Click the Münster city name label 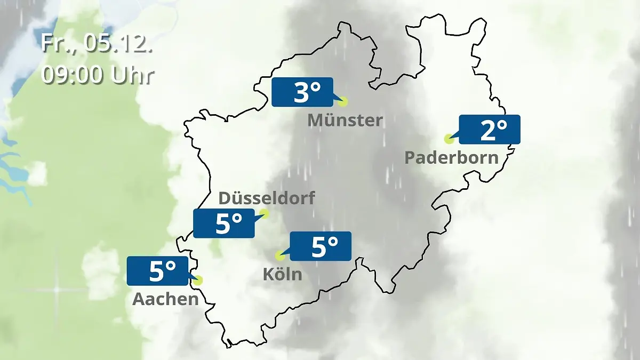pyautogui.click(x=345, y=121)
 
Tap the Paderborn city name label pyautogui.click(x=452, y=158)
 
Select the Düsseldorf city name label pyautogui.click(x=267, y=198)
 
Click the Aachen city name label pyautogui.click(x=165, y=299)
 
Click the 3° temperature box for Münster pyautogui.click(x=302, y=92)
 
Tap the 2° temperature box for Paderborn pyautogui.click(x=489, y=130)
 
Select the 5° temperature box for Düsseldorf pyautogui.click(x=224, y=223)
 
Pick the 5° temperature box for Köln pyautogui.click(x=320, y=246)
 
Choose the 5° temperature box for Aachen pyautogui.click(x=158, y=271)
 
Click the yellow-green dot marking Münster pyautogui.click(x=342, y=101)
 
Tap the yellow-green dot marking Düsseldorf pyautogui.click(x=263, y=214)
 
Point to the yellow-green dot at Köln pyautogui.click(x=279, y=255)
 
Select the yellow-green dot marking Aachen pyautogui.click(x=198, y=280)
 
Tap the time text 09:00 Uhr pyautogui.click(x=98, y=75)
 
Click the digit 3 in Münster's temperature pyautogui.click(x=301, y=93)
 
